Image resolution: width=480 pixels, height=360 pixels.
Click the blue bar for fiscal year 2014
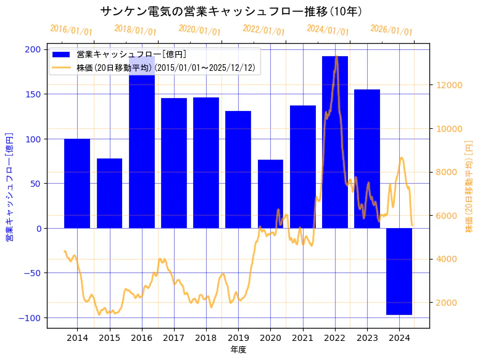(x=77, y=183)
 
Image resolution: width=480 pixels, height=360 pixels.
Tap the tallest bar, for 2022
(x=335, y=142)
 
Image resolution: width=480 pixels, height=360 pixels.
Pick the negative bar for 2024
(x=399, y=271)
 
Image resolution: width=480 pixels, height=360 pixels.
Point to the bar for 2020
(x=270, y=194)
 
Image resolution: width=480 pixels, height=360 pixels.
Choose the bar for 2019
(x=238, y=170)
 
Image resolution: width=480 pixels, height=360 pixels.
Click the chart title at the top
(x=231, y=11)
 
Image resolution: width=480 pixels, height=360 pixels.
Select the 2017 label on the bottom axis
(x=174, y=337)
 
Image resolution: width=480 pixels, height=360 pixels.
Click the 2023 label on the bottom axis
(x=367, y=337)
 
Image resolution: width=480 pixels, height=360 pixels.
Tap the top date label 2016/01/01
(x=71, y=30)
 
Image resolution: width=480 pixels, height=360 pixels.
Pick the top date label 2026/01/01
(x=391, y=30)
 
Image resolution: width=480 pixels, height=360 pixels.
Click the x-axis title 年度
(x=238, y=350)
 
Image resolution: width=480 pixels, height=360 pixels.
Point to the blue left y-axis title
(x=9, y=186)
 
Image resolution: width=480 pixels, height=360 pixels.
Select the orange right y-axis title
(x=468, y=186)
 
